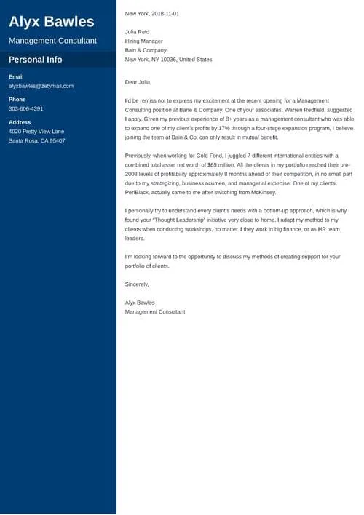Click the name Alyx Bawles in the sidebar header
click(x=52, y=21)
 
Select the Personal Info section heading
click(x=36, y=60)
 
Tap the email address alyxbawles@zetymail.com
click(x=41, y=86)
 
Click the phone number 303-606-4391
click(x=25, y=108)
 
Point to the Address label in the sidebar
click(x=20, y=122)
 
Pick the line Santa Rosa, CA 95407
click(x=36, y=140)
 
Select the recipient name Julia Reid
click(x=138, y=33)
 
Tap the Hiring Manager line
click(x=143, y=41)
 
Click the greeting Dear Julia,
click(x=138, y=82)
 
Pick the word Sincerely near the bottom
click(x=137, y=284)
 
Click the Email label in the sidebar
click(x=16, y=76)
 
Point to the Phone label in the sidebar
click(x=17, y=99)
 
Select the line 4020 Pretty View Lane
click(x=36, y=131)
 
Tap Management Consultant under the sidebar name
click(x=52, y=41)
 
